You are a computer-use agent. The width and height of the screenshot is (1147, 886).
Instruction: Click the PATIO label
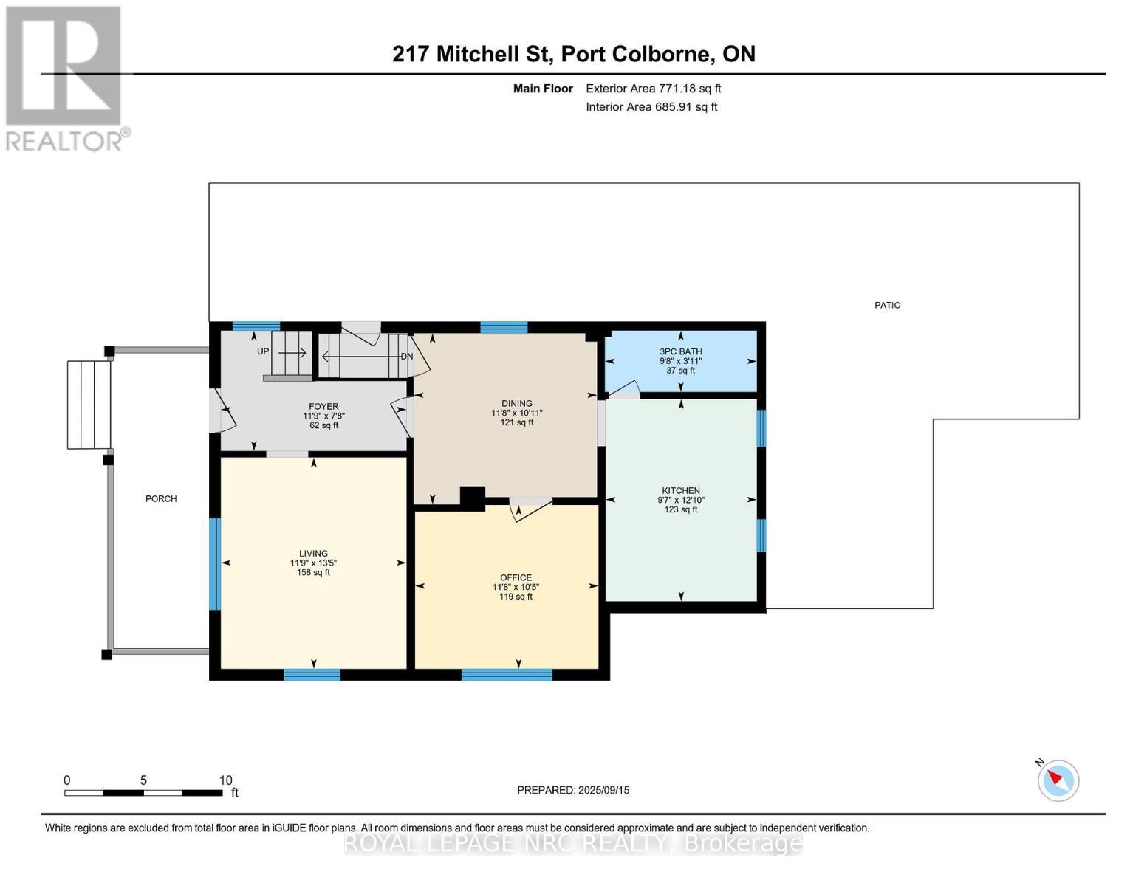click(x=887, y=305)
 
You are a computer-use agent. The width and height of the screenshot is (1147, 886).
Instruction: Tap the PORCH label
click(x=161, y=499)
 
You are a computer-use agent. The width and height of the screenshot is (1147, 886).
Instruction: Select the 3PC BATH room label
click(x=680, y=351)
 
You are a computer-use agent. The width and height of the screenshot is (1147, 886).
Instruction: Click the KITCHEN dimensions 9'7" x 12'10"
click(x=680, y=500)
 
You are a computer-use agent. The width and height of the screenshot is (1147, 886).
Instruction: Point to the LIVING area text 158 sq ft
click(x=313, y=572)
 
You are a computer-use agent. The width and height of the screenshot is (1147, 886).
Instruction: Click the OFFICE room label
click(x=516, y=577)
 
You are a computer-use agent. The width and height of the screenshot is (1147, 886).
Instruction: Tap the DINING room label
click(x=516, y=403)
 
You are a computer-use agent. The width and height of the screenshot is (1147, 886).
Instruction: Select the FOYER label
click(x=323, y=406)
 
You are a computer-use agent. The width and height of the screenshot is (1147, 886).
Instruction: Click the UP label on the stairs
click(x=263, y=351)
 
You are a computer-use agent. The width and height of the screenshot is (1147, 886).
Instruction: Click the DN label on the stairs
click(x=406, y=356)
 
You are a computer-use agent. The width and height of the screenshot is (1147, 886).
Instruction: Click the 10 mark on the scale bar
click(x=225, y=780)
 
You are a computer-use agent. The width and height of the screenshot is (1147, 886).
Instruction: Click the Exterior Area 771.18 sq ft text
click(x=653, y=89)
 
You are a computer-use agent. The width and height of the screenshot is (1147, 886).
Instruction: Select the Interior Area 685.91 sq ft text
click(x=651, y=107)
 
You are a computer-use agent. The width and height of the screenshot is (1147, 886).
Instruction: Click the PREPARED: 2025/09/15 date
click(x=573, y=790)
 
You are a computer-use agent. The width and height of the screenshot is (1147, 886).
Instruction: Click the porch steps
click(x=89, y=405)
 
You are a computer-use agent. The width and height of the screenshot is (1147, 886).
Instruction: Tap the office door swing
click(x=530, y=509)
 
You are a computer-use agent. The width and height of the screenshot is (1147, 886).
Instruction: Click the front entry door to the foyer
click(x=223, y=411)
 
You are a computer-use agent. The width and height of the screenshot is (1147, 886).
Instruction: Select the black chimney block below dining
click(x=472, y=498)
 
